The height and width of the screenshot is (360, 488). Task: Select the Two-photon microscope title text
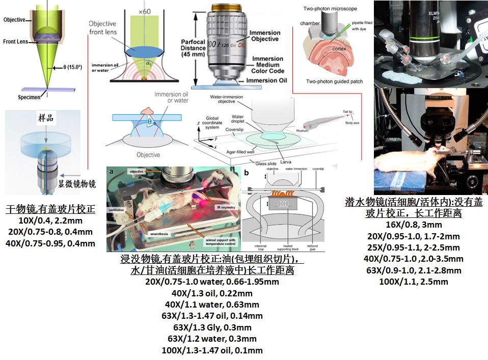click(x=330, y=9)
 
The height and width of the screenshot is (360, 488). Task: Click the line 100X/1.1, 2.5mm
click(x=413, y=282)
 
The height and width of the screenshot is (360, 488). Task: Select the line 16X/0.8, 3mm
click(x=413, y=225)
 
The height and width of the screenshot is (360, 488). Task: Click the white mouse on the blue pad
click(x=402, y=158)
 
